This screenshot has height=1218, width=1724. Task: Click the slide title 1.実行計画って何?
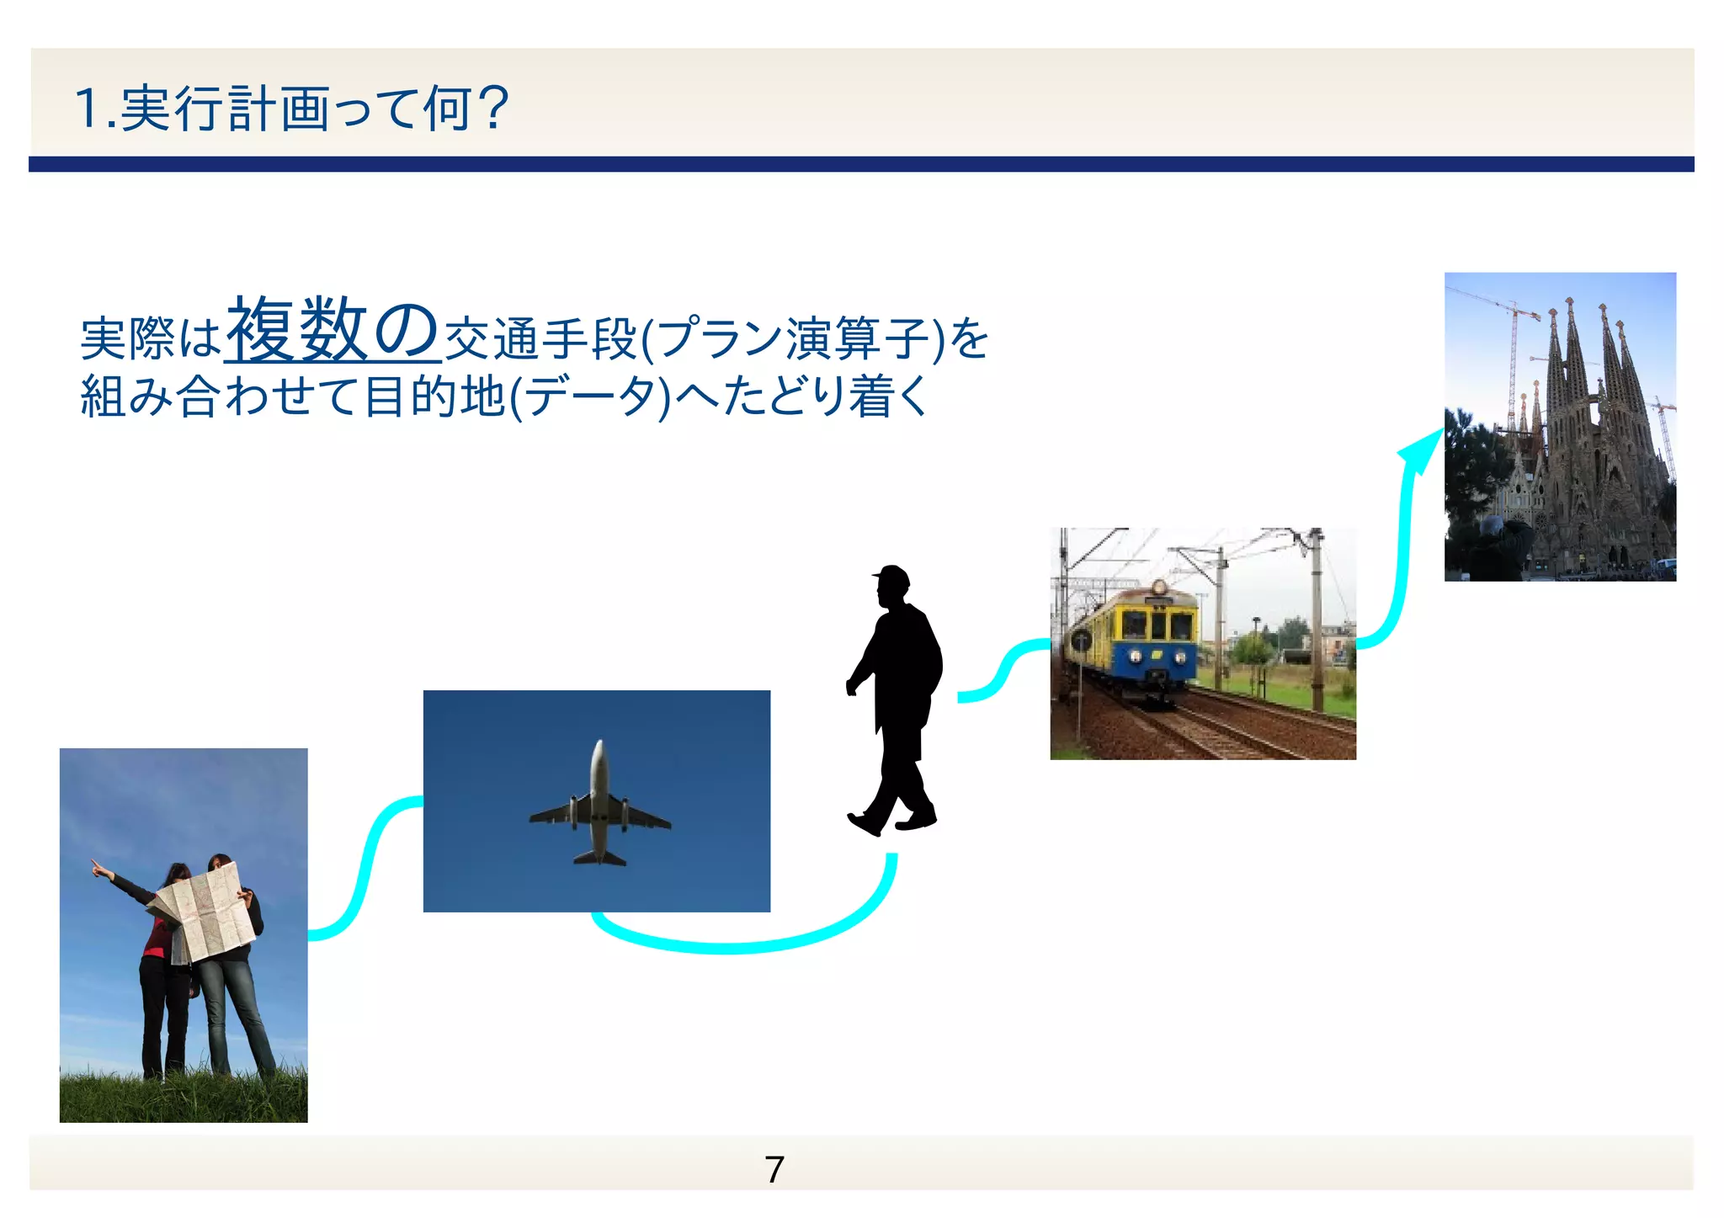tap(291, 109)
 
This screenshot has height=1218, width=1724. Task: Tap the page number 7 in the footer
tap(774, 1169)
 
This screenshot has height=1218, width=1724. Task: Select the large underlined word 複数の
tap(333, 330)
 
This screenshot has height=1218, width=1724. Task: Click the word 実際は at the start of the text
tap(150, 339)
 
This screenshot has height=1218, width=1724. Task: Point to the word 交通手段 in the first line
tap(540, 339)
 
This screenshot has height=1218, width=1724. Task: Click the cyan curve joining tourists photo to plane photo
tap(367, 867)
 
